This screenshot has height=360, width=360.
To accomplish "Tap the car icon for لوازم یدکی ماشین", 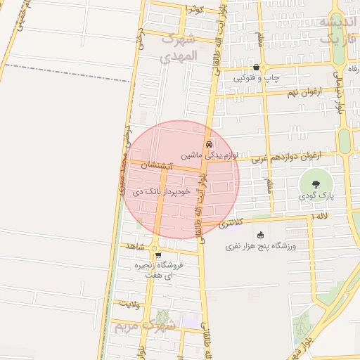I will (x=208, y=146).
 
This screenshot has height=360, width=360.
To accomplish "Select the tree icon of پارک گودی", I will (x=314, y=184).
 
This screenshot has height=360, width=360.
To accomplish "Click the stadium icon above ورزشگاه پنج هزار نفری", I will (x=261, y=236).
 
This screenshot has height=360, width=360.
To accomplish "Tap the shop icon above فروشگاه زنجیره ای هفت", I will (x=158, y=255).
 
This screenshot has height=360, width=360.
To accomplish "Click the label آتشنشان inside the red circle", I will (x=156, y=167).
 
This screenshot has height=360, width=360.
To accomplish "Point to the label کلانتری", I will (x=231, y=223).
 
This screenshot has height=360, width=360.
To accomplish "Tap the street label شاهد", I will (x=134, y=247).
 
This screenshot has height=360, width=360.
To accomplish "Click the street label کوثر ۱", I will (x=194, y=8).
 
